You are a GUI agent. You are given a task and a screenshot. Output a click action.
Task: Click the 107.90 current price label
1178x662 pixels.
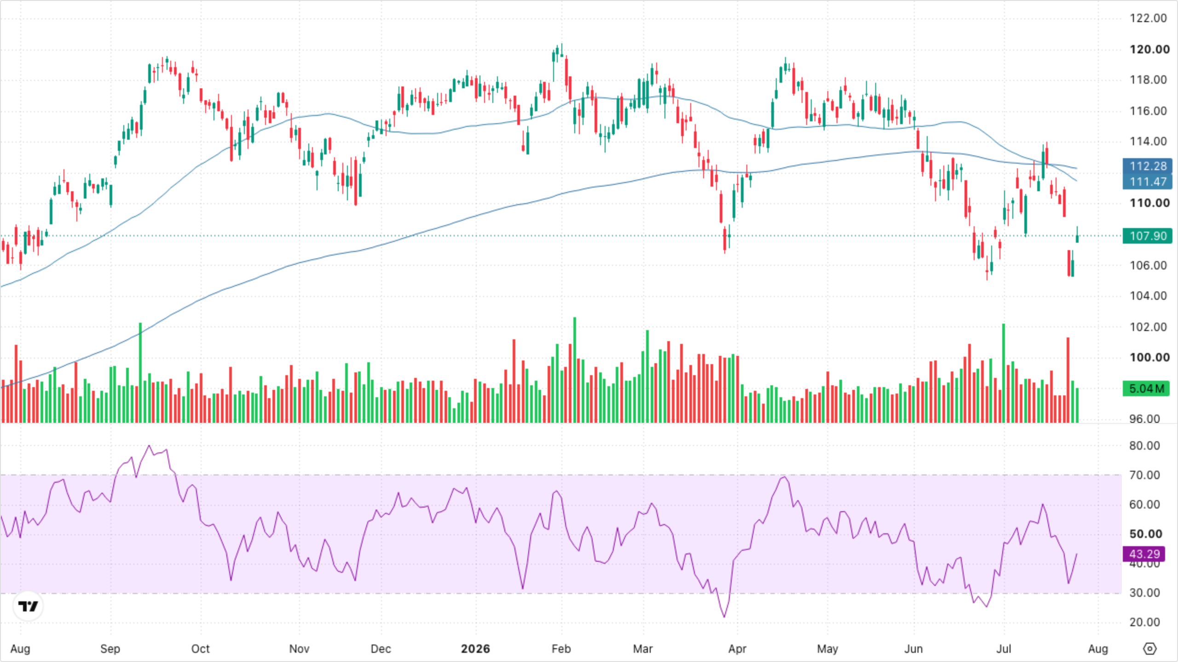point(1147,236)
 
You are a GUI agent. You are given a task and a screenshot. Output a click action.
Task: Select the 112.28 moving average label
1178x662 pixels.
point(1147,166)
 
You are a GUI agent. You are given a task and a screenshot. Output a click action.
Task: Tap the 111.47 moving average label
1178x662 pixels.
point(1147,182)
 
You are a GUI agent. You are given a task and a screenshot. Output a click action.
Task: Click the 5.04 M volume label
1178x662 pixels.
point(1146,388)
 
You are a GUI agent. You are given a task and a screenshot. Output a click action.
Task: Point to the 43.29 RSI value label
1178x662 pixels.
point(1144,554)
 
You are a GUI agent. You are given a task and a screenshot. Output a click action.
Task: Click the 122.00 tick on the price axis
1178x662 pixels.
point(1148,18)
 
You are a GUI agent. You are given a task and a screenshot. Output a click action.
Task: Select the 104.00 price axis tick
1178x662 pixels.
point(1148,296)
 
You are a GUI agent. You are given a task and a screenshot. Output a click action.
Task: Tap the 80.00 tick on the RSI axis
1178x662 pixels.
point(1144,446)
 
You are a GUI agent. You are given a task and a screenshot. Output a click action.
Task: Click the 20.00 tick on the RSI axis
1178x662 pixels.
point(1144,622)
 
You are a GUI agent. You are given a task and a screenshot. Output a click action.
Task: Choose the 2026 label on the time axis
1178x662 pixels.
point(475,649)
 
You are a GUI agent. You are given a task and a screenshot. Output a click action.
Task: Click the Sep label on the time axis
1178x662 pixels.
point(110,649)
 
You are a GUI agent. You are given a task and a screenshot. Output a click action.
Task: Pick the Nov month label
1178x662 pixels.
point(299,649)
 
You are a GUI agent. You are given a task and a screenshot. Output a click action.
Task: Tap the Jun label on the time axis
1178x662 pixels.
point(913,649)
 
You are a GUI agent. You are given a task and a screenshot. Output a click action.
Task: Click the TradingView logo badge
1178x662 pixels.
point(28,606)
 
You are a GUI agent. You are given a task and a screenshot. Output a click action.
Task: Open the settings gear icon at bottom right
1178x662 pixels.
point(1149,649)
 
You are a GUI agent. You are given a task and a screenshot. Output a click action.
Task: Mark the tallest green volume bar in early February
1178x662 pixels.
point(575,370)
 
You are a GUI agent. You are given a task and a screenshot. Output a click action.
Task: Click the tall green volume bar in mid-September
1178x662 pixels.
point(140,373)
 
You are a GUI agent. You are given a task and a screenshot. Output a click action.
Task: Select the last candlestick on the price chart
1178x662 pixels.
point(1077,235)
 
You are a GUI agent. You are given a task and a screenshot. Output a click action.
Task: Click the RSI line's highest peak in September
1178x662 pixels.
point(149,445)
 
